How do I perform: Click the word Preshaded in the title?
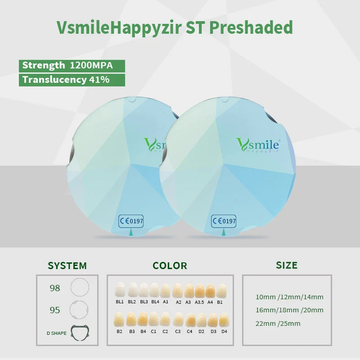[x=251, y=27]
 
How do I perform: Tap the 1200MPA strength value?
[x=91, y=65]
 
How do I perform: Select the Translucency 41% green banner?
[x=72, y=80]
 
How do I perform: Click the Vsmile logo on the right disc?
[x=258, y=145]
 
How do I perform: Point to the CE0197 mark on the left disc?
[x=131, y=221]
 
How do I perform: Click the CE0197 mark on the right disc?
[x=224, y=221]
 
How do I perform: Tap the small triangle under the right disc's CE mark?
[x=224, y=232]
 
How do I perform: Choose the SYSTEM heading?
[x=67, y=265]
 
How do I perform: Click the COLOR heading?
[x=170, y=265]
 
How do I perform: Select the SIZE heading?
[x=287, y=265]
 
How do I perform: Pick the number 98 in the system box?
[x=55, y=288]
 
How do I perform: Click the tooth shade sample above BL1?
[x=120, y=290]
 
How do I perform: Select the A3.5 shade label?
[x=199, y=302]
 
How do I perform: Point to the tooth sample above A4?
[x=210, y=291]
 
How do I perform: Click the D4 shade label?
[x=224, y=331]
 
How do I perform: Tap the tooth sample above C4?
[x=190, y=320]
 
